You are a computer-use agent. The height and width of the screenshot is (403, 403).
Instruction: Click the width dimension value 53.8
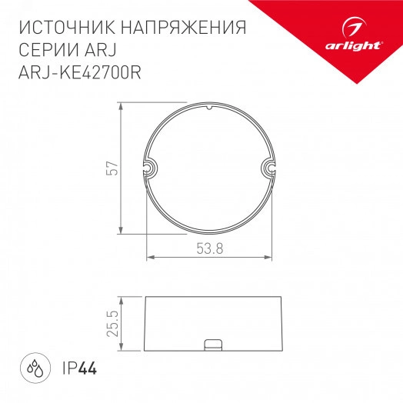(x=209, y=248)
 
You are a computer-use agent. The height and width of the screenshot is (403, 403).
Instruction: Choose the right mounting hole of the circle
(x=269, y=168)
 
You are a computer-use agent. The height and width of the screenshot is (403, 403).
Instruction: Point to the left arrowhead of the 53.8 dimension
(x=149, y=256)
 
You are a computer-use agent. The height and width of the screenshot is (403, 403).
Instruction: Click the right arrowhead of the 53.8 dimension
(x=271, y=256)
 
